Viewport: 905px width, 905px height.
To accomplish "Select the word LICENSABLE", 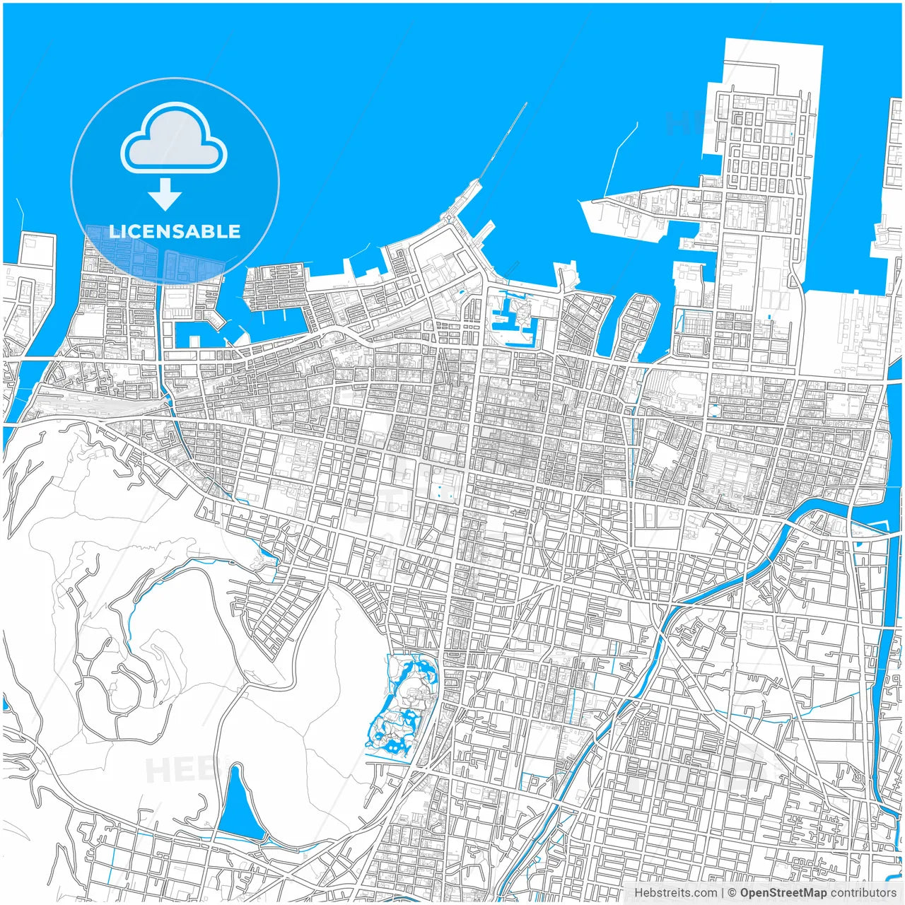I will [175, 231].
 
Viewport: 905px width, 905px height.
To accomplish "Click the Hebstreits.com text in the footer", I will [675, 893].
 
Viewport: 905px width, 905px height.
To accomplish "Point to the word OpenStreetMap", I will [783, 893].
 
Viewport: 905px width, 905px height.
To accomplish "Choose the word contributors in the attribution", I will [863, 893].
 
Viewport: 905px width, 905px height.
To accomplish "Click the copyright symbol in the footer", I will [732, 893].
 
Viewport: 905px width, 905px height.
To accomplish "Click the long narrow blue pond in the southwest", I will [238, 806].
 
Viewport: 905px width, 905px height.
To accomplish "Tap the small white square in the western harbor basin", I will [194, 341].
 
